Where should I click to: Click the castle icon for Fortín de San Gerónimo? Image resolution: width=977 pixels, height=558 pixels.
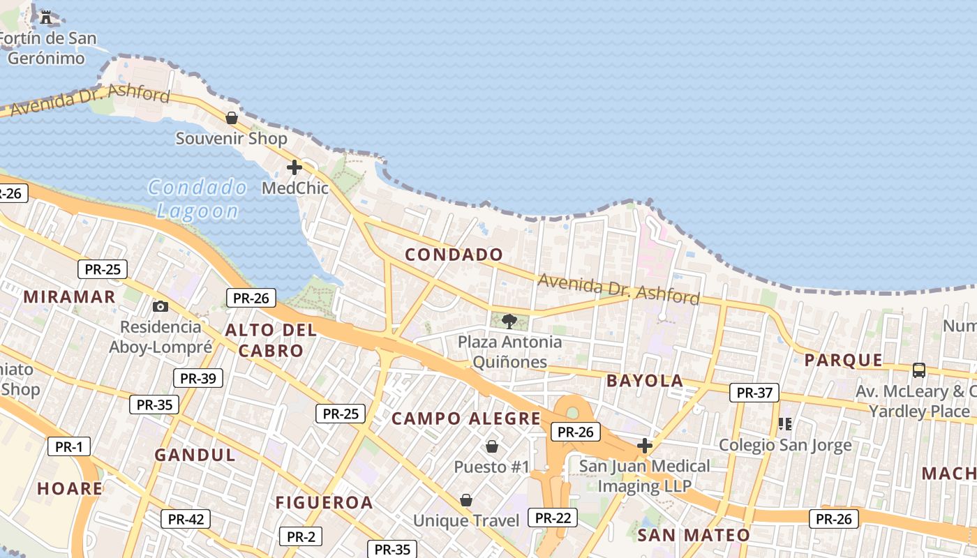click(x=47, y=16)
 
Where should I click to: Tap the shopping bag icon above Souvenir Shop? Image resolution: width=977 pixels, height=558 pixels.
click(x=232, y=118)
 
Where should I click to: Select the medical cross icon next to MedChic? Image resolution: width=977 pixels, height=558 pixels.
click(x=294, y=167)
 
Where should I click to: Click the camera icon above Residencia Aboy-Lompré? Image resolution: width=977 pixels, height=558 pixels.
click(x=161, y=306)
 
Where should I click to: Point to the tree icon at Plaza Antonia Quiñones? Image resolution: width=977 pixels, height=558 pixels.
click(x=509, y=321)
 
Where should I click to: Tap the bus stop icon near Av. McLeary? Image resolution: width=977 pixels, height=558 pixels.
click(x=919, y=370)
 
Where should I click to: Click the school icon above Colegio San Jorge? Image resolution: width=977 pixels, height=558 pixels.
click(x=785, y=423)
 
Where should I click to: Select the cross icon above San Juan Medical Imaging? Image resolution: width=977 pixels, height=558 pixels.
click(x=645, y=445)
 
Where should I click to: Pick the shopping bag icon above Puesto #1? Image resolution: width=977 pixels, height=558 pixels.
click(x=492, y=446)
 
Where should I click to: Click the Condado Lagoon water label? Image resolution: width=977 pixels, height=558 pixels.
click(x=197, y=199)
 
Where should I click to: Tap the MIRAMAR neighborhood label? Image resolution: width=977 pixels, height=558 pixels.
click(x=69, y=296)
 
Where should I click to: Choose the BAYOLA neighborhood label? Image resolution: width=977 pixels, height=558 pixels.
click(x=645, y=381)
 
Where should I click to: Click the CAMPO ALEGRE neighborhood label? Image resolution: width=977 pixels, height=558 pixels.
click(x=465, y=418)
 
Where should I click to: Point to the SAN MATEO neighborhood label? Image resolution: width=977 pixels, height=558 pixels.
click(x=693, y=535)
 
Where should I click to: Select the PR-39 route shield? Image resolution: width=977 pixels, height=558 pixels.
click(x=198, y=378)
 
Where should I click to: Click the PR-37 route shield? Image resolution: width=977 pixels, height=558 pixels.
click(x=754, y=393)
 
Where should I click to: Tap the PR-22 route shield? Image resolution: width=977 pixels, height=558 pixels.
click(x=553, y=518)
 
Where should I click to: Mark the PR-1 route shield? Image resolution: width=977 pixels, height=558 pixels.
click(x=68, y=447)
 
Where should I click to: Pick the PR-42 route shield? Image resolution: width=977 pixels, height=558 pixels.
click(x=186, y=519)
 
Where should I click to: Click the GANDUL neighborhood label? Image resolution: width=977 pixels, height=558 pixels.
click(x=195, y=455)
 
